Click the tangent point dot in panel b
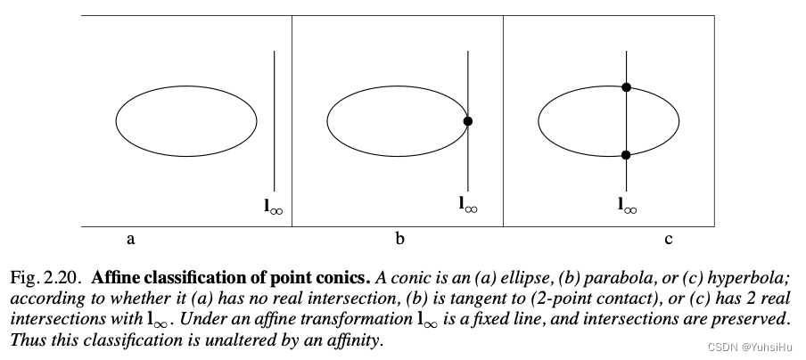[x=468, y=121]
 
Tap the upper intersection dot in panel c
[x=626, y=87]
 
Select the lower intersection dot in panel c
[x=626, y=155]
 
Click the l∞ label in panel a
[x=274, y=207]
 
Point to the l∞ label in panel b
[x=468, y=204]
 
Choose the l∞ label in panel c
[x=628, y=206]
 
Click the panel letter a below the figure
[x=131, y=240]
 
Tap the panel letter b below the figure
[x=400, y=238]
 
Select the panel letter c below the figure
[x=668, y=240]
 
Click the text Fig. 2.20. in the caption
[x=45, y=278]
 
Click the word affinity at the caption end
[x=357, y=340]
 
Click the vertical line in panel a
[x=274, y=120]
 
